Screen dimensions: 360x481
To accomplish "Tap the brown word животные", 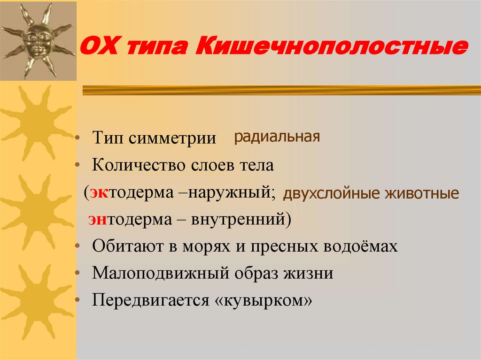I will click(422, 193).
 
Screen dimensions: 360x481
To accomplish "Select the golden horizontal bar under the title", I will click(281, 90).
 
